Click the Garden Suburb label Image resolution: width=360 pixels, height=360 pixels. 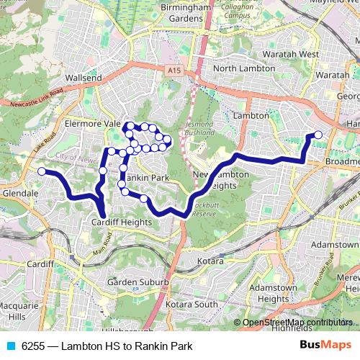(x=138, y=282)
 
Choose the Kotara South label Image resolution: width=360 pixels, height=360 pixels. (x=191, y=305)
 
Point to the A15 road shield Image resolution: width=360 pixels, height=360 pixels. (x=172, y=71)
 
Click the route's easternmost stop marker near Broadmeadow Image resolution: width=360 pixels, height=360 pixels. (x=318, y=135)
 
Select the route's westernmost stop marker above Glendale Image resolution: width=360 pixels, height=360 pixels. (x=42, y=171)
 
